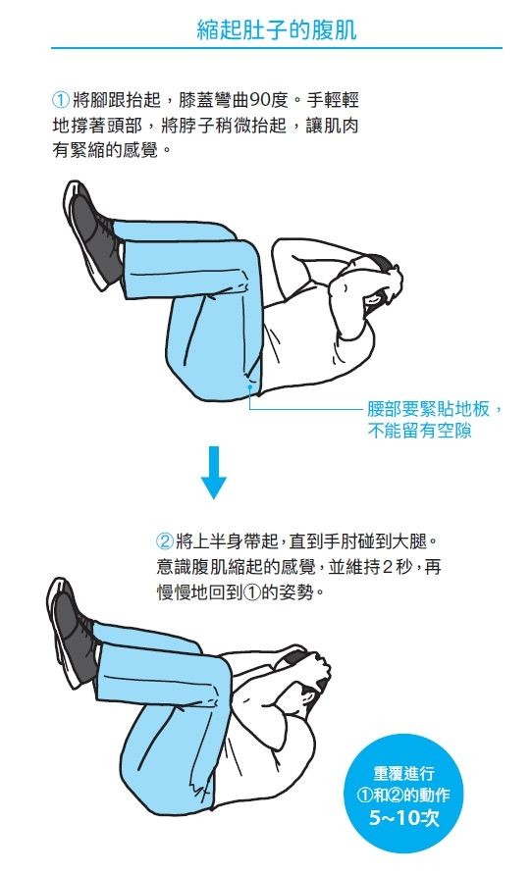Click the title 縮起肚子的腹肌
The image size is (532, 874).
[277, 29]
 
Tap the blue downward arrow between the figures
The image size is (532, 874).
[213, 472]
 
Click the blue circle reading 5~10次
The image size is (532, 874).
[404, 794]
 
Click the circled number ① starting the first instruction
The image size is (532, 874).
[61, 100]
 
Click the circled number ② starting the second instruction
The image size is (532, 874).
[165, 540]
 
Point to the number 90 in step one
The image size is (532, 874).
[259, 100]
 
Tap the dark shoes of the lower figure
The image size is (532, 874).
[76, 633]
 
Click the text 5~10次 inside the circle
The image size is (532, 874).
[404, 818]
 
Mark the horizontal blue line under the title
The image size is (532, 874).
[277, 48]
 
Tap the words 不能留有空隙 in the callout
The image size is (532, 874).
[419, 431]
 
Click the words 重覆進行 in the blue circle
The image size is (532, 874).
[404, 773]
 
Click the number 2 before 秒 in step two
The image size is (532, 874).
[388, 567]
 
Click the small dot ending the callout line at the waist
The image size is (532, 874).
[250, 385]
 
